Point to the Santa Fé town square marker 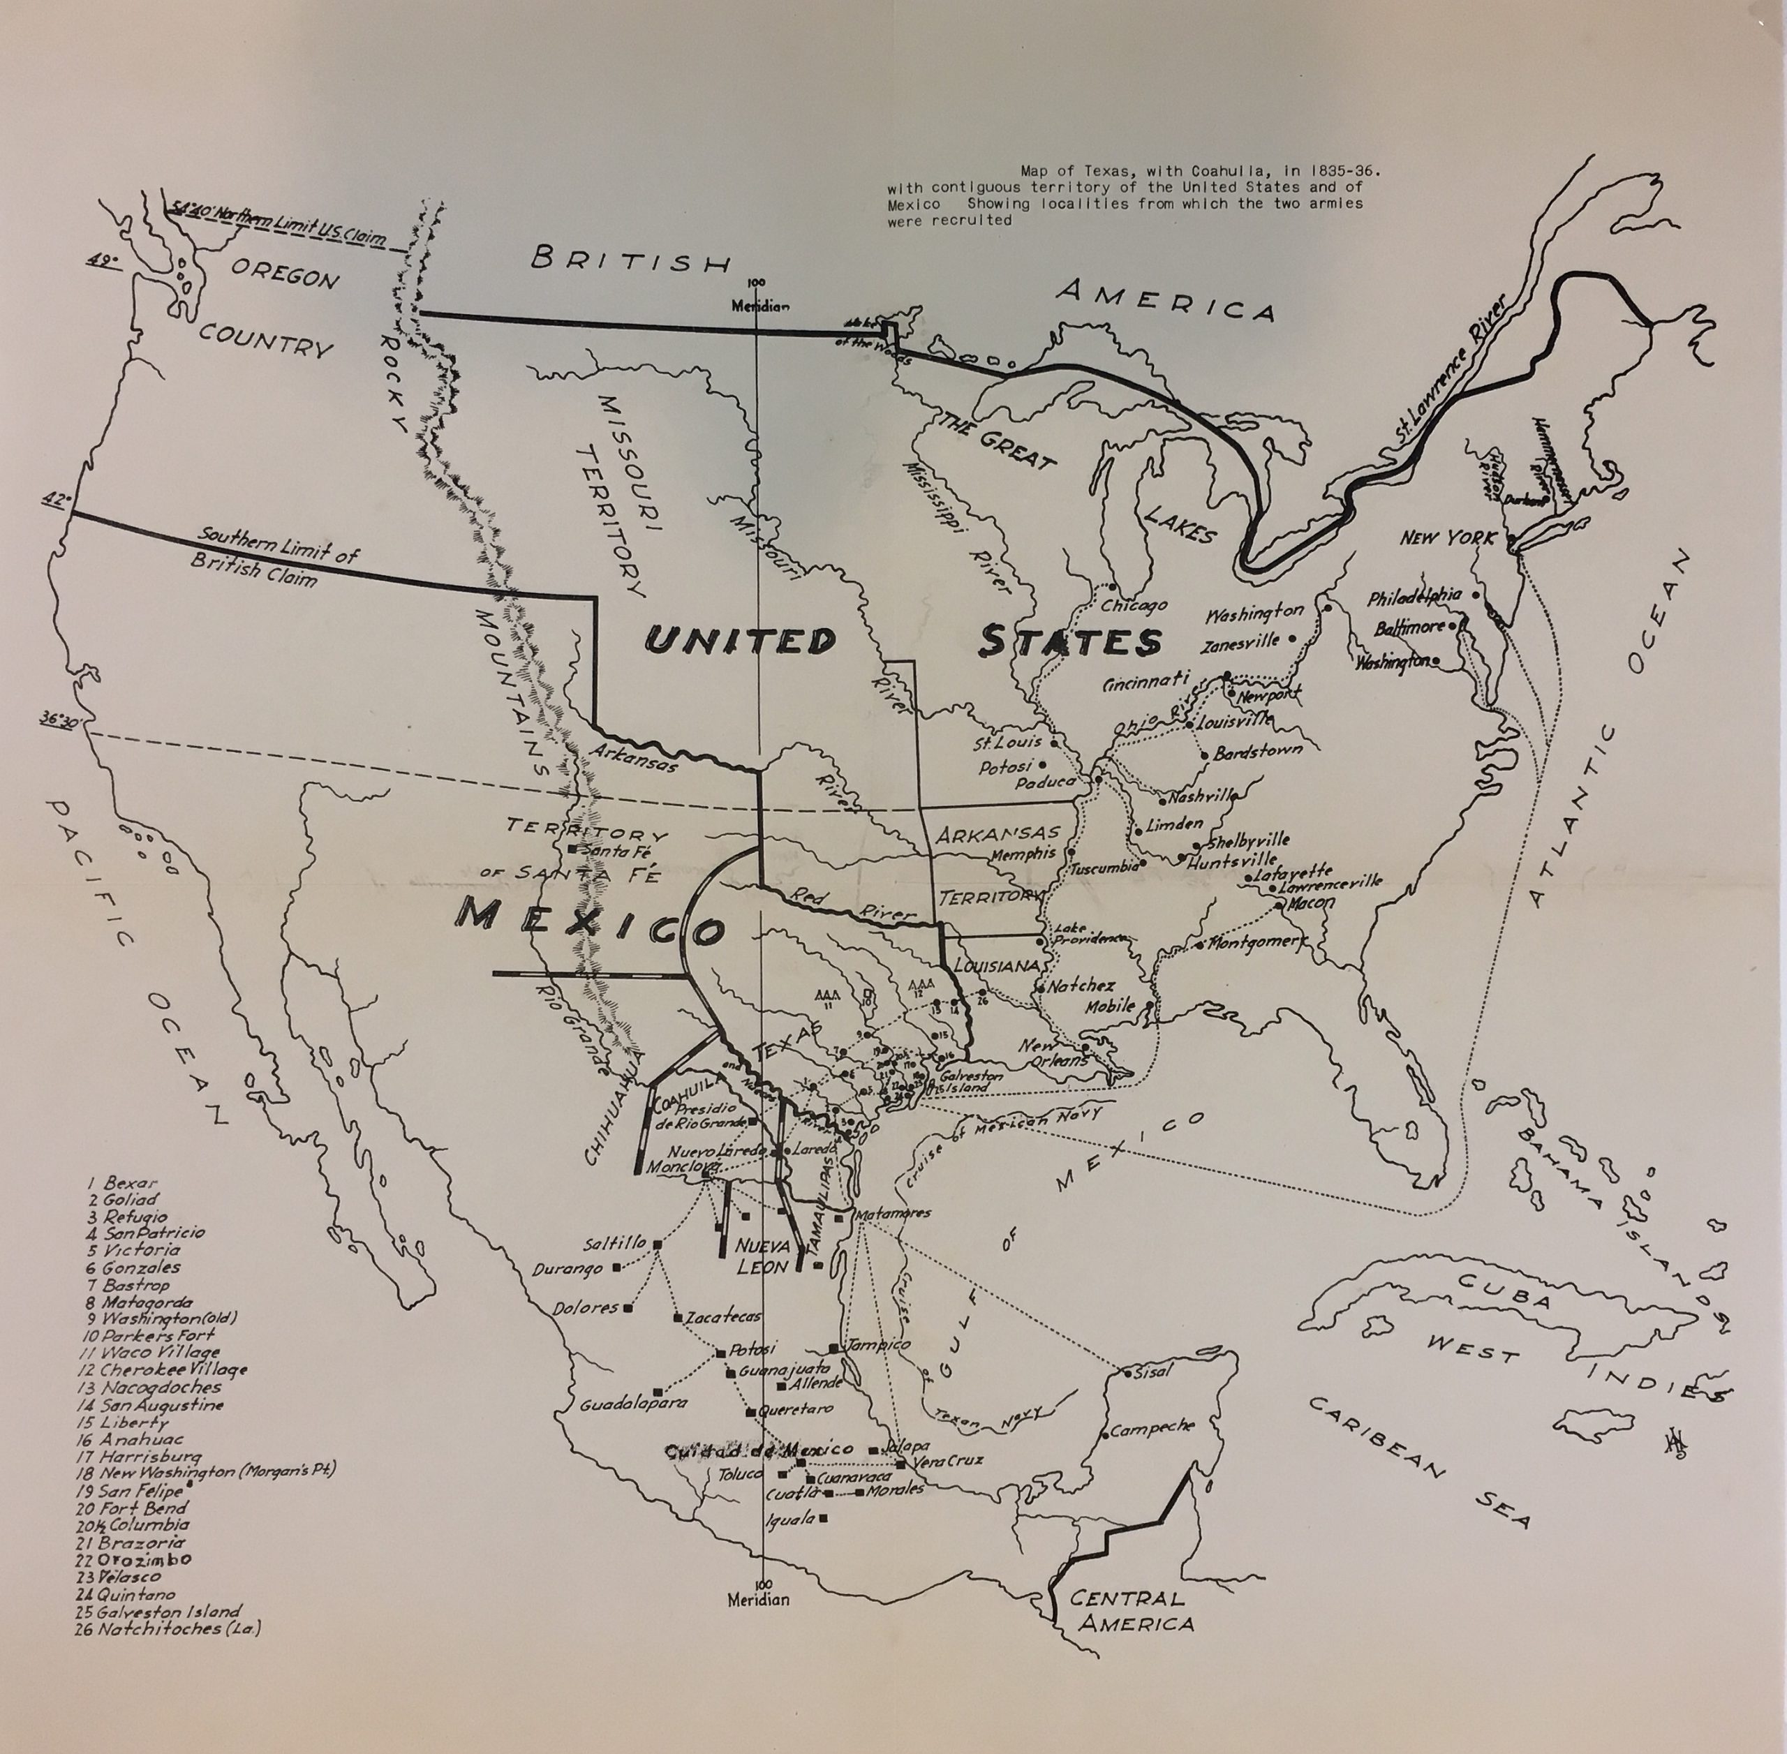click(573, 849)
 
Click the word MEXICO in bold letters click(590, 922)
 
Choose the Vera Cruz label click(949, 1460)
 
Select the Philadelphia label click(1414, 598)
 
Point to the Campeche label click(1151, 1429)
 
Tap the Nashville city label click(1202, 798)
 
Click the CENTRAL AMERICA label click(1128, 1611)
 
